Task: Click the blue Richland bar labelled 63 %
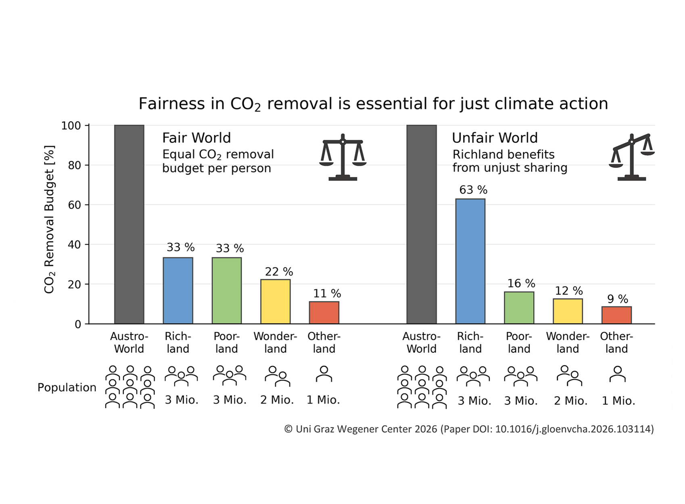[x=470, y=261]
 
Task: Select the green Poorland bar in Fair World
[x=227, y=290]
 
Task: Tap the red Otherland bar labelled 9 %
[x=616, y=315]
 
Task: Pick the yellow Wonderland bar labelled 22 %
[x=276, y=301]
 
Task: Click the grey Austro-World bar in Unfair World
[x=422, y=224]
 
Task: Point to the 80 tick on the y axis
[x=74, y=165]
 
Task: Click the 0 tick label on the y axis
[x=78, y=324]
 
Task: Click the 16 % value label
[x=521, y=283]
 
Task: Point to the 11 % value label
[x=327, y=293]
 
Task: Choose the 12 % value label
[x=569, y=291]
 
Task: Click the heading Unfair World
[x=495, y=138]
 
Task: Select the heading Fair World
[x=196, y=138]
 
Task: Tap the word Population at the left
[x=67, y=387]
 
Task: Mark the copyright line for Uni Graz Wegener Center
[x=469, y=429]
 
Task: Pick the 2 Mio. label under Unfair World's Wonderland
[x=570, y=401]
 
